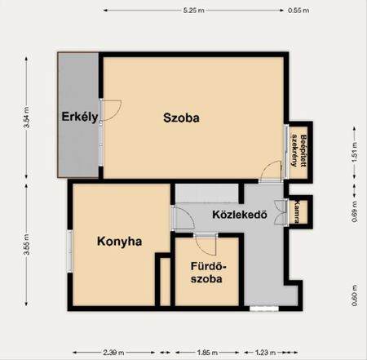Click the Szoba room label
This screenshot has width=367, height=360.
coord(181,118)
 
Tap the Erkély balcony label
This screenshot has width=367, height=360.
coord(80,117)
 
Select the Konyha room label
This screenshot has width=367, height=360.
coord(120,242)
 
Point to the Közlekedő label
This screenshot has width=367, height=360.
coord(240,215)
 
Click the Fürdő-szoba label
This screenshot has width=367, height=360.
coord(207,273)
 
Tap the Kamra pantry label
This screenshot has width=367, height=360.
coord(297,211)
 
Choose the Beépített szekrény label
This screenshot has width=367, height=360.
coord(299,150)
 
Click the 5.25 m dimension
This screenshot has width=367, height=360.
coord(193,11)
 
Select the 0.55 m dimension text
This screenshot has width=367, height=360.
coord(298,11)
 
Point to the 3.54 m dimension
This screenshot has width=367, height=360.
coord(26,118)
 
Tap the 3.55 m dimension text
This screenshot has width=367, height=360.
coord(26,244)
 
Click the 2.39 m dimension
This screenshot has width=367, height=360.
coord(113,353)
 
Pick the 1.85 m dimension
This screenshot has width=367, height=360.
coord(207,353)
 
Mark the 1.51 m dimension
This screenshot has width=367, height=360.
coord(354,152)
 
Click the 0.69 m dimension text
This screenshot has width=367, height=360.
coord(354,211)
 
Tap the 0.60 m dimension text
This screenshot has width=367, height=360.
coord(354,296)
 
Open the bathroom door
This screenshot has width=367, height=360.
coord(206,244)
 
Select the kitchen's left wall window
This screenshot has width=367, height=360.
coord(70,251)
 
